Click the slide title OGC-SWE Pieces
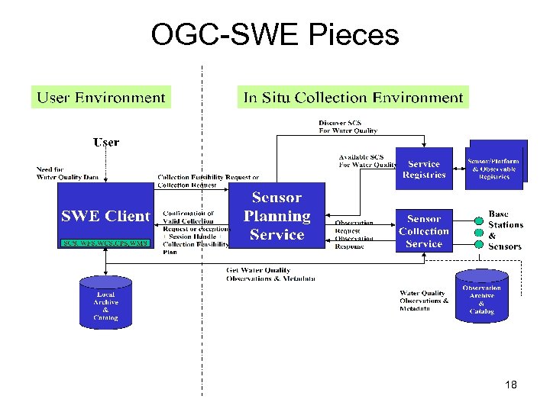click(x=275, y=34)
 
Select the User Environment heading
click(x=101, y=98)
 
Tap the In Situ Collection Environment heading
click(x=353, y=98)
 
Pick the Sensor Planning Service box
click(x=277, y=216)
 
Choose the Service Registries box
click(x=423, y=169)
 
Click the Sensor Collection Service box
click(x=424, y=231)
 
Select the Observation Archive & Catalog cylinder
click(x=481, y=298)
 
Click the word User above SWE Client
click(x=106, y=142)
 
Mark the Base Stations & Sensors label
click(x=506, y=230)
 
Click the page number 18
click(x=511, y=385)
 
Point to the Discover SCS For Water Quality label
click(x=348, y=127)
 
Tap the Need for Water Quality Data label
click(x=67, y=173)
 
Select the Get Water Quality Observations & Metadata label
click(x=271, y=275)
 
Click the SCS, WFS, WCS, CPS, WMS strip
click(x=105, y=243)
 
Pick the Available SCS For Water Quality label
click(x=367, y=161)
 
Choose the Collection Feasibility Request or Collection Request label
click(x=208, y=181)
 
